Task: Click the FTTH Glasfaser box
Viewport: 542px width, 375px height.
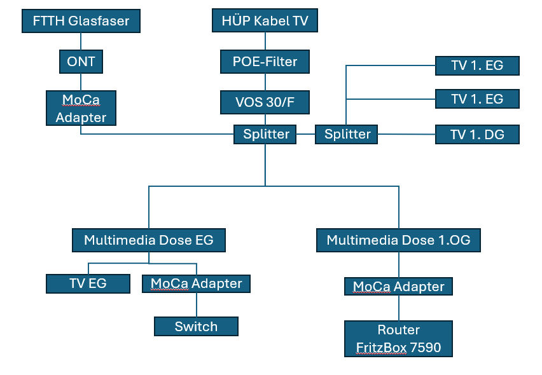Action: click(x=81, y=22)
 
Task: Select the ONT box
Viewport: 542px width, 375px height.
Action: click(x=81, y=62)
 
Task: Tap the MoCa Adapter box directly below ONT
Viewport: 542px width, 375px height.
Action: click(x=81, y=108)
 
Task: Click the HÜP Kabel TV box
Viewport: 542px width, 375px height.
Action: click(x=265, y=22)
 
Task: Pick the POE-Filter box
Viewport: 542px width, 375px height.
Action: click(x=265, y=62)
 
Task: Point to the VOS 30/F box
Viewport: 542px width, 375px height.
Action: click(x=265, y=102)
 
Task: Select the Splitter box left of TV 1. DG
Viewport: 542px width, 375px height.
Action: click(x=347, y=134)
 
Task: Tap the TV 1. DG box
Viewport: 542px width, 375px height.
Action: click(x=477, y=134)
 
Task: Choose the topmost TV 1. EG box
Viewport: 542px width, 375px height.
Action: click(x=477, y=65)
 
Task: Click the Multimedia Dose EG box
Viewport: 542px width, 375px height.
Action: click(x=149, y=240)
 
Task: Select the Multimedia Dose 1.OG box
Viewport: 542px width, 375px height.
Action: click(x=398, y=240)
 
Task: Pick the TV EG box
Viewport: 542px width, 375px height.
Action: click(x=88, y=283)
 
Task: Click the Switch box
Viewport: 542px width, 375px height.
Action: click(x=196, y=327)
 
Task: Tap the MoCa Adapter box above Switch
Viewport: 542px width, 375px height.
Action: click(x=196, y=283)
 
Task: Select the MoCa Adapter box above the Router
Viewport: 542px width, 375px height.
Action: click(x=398, y=287)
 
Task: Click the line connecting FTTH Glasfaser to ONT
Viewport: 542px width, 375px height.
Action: click(x=81, y=42)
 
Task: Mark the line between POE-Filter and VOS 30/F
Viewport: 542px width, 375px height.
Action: click(x=265, y=82)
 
